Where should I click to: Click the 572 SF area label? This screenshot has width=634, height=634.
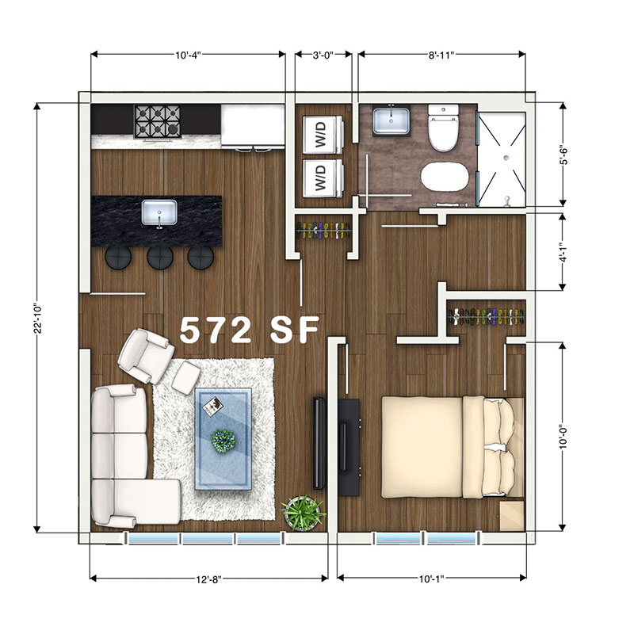pyautogui.click(x=250, y=330)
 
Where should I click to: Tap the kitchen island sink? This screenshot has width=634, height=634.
pyautogui.click(x=159, y=212)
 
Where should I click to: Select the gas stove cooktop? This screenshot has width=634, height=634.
pyautogui.click(x=157, y=122)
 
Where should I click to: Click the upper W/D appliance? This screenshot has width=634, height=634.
pyautogui.click(x=323, y=135)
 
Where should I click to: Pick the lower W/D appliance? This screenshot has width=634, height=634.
pyautogui.click(x=323, y=178)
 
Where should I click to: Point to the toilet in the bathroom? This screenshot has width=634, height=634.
pyautogui.click(x=443, y=128)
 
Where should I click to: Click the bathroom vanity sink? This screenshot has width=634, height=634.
pyautogui.click(x=391, y=120)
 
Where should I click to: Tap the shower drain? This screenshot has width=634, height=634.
pyautogui.click(x=506, y=158)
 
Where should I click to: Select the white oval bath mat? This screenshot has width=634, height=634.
pyautogui.click(x=445, y=177)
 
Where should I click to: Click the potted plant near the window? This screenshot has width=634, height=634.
pyautogui.click(x=303, y=512)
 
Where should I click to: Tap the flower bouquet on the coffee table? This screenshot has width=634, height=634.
pyautogui.click(x=223, y=440)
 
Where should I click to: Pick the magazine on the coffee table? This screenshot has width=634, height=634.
pyautogui.click(x=212, y=407)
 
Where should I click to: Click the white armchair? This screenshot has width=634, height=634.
pyautogui.click(x=146, y=355)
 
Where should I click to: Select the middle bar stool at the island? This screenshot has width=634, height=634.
pyautogui.click(x=160, y=258)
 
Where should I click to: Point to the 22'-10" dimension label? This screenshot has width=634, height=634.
pyautogui.click(x=37, y=319)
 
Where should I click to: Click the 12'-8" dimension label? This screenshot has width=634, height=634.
pyautogui.click(x=208, y=579)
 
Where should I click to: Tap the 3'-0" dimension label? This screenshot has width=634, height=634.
pyautogui.click(x=323, y=55)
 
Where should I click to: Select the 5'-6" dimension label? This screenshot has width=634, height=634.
pyautogui.click(x=563, y=155)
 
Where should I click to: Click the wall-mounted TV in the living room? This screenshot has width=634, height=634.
pyautogui.click(x=319, y=444)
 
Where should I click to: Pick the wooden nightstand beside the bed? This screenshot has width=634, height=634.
pyautogui.click(x=512, y=516)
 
